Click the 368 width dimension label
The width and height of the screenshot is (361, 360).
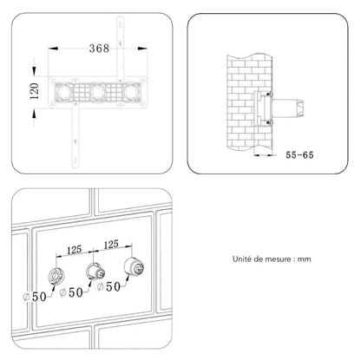click(x=99, y=48)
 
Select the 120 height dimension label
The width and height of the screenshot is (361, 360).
click(x=35, y=91)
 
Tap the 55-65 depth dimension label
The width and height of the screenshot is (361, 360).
click(x=299, y=155)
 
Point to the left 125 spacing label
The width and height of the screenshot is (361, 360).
click(x=75, y=250)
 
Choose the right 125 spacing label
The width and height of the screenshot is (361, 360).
click(x=111, y=245)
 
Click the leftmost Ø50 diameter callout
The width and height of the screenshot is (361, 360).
click(x=35, y=297)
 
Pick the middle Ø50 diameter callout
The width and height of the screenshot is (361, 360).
click(x=71, y=292)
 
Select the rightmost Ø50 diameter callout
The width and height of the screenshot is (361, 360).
click(x=108, y=287)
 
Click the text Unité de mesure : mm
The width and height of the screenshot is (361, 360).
click(x=272, y=259)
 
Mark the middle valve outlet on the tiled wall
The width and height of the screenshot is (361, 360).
click(x=95, y=272)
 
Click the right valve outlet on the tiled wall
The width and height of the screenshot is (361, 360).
click(x=134, y=266)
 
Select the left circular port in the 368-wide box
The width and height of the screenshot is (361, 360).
click(x=63, y=93)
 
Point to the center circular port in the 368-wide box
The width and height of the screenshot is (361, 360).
click(x=97, y=93)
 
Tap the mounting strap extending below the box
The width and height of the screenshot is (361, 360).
click(x=75, y=137)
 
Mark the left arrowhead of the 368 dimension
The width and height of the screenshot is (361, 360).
click(x=53, y=49)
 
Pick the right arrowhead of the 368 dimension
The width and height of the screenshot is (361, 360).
click(x=142, y=49)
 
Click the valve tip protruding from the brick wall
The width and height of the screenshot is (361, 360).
click(x=299, y=108)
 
